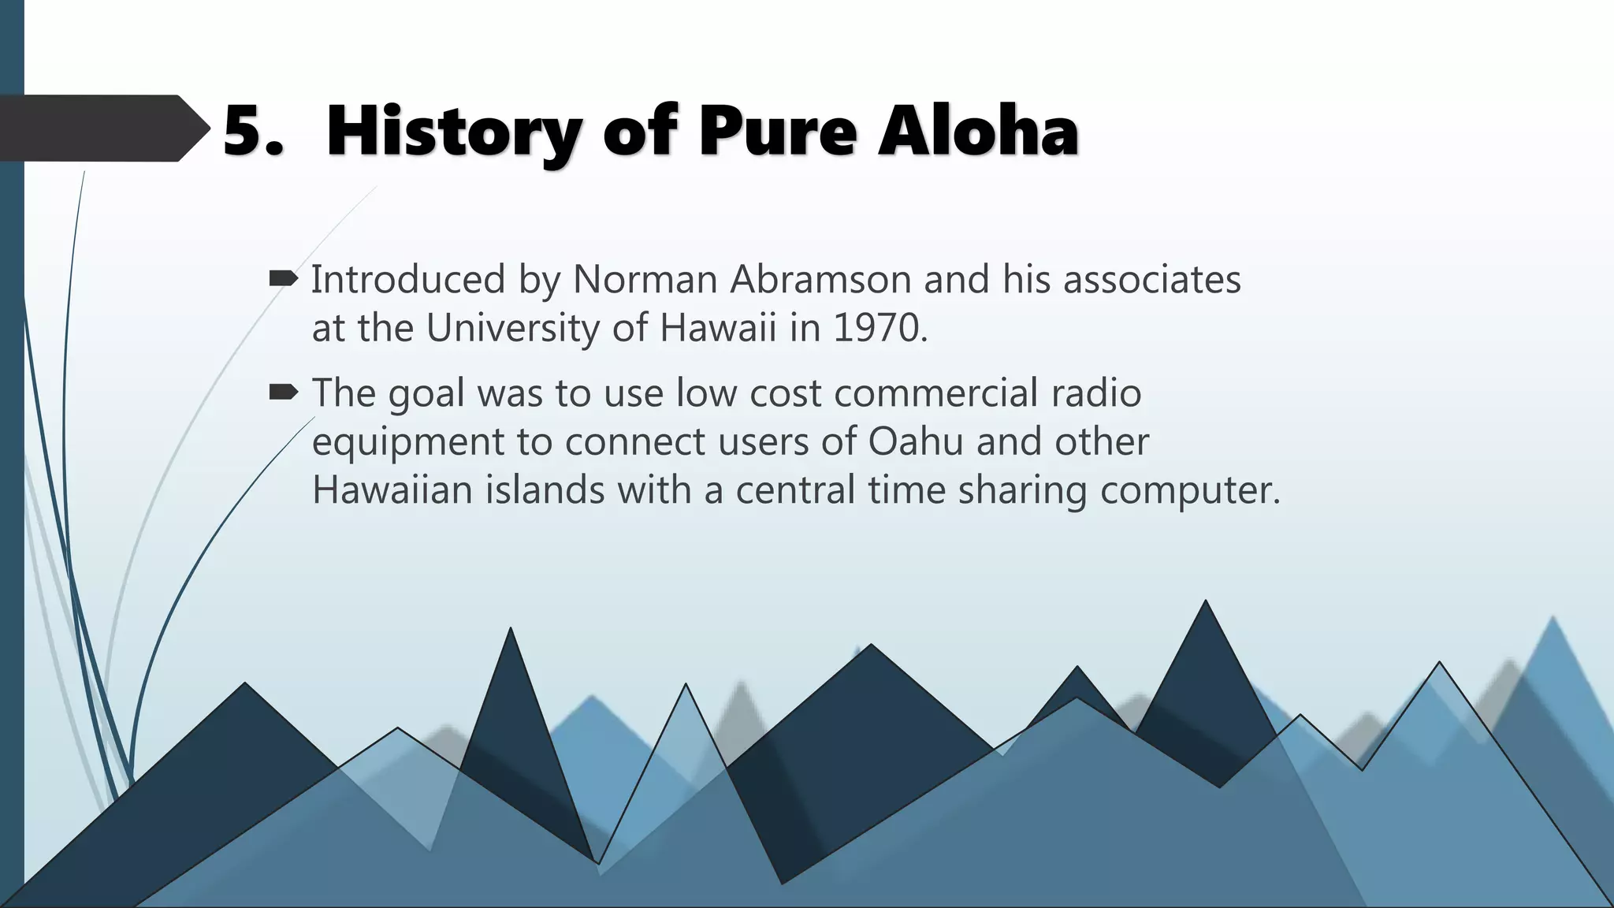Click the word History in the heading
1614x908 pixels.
click(453, 132)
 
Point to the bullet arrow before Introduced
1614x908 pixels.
click(283, 278)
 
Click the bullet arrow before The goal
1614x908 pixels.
click(283, 392)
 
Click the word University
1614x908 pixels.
click(513, 328)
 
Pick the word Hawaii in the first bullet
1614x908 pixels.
click(718, 328)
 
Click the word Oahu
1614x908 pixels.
click(915, 441)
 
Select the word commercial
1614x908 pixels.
click(935, 393)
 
